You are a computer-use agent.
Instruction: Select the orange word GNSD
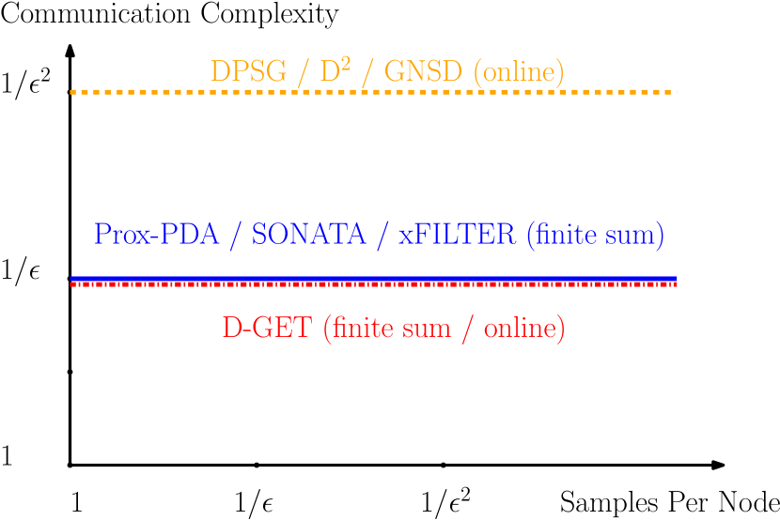coord(420,72)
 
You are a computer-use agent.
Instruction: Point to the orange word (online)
coord(519,72)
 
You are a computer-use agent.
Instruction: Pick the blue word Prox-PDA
coord(157,235)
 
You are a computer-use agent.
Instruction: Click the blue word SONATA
coord(308,235)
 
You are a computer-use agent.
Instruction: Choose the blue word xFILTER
coord(457,235)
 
